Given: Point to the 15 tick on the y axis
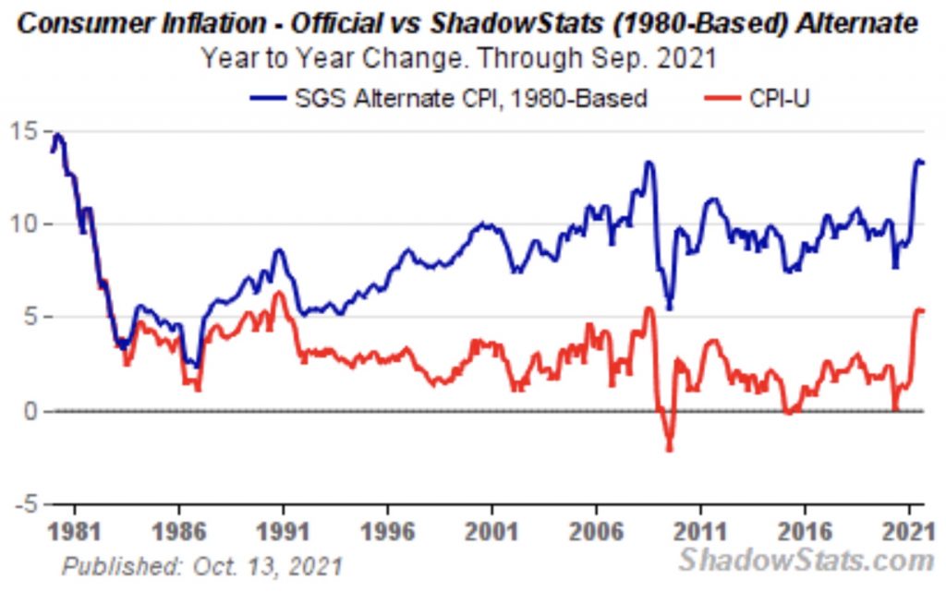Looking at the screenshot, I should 27,129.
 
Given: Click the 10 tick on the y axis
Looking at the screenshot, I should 27,224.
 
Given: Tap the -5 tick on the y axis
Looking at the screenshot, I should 27,504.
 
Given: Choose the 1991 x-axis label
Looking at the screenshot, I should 283,533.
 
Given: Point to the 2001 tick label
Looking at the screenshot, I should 491,533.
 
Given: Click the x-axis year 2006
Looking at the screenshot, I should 597,533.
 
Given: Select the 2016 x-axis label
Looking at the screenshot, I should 806,533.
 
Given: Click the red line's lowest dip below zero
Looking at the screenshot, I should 669,449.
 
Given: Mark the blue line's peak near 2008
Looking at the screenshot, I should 649,163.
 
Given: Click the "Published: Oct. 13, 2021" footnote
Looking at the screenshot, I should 201,565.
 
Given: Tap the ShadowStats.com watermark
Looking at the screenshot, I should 806,559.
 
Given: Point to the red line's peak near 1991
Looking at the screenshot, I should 278,294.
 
